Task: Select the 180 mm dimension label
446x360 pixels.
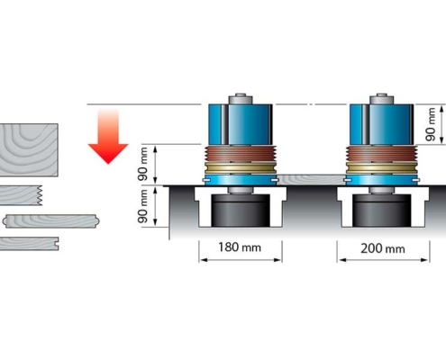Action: [240, 247]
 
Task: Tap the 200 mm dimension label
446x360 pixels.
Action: [382, 248]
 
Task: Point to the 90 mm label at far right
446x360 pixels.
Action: [431, 124]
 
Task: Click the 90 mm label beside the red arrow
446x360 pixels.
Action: [143, 164]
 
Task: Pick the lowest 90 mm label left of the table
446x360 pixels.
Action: [143, 206]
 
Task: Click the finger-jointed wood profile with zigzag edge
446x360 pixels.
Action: [21, 195]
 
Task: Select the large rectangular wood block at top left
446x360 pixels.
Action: [29, 150]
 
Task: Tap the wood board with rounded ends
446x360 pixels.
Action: [51, 221]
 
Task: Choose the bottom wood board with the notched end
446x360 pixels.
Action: [29, 243]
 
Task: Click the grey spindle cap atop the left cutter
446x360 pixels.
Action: [241, 99]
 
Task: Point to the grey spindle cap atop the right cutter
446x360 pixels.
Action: [381, 99]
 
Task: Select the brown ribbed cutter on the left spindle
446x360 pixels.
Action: [241, 154]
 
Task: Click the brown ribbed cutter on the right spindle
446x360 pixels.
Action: [381, 154]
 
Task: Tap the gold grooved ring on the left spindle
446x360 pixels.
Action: [241, 168]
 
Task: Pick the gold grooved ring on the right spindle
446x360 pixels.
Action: [381, 168]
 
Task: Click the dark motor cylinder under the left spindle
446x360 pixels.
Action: [241, 211]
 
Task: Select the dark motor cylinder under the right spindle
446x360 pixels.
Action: [382, 211]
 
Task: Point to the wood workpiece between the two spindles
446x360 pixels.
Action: [311, 179]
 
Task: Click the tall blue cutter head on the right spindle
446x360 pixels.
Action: [381, 124]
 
